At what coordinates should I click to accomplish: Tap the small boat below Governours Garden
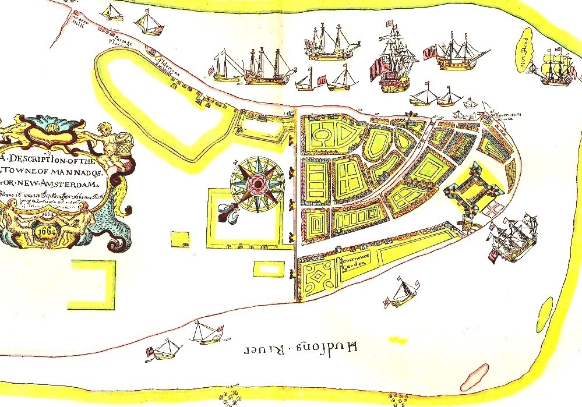click(401, 293)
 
